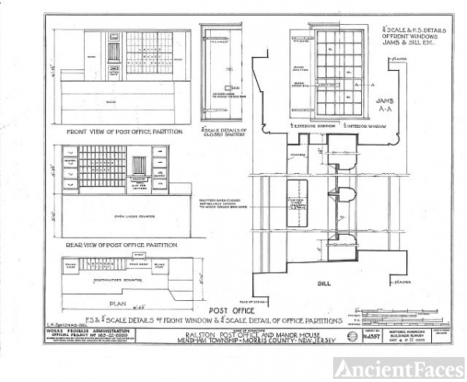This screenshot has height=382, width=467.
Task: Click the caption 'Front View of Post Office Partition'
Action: click(118, 132)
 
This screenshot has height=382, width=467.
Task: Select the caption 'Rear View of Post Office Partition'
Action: click(117, 244)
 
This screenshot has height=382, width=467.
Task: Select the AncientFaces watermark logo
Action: click(398, 367)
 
